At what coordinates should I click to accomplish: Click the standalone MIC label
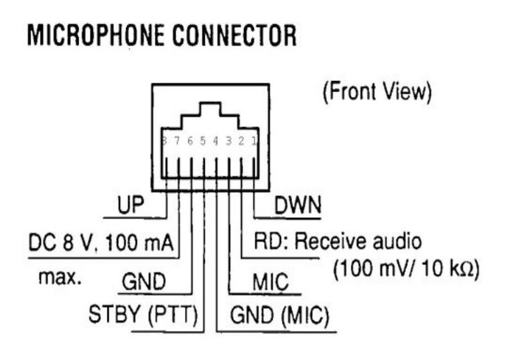coord(270,281)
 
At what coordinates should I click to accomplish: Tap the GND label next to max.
coord(143,281)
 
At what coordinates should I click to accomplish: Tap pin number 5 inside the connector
coord(203,141)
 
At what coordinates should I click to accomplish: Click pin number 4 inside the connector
coord(215,141)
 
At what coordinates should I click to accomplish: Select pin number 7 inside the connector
coord(177,141)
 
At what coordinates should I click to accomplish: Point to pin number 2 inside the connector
coord(241,141)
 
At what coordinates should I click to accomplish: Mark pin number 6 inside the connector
coord(190,141)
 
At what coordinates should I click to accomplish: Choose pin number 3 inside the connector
coord(228,141)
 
